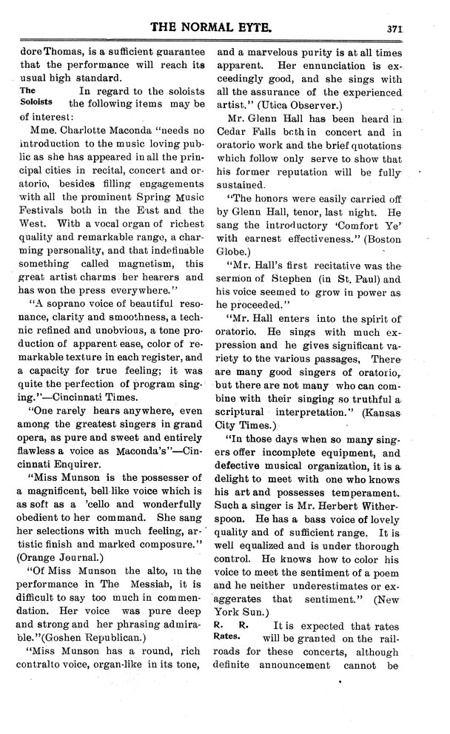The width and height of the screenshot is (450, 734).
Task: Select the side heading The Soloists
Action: [x=33, y=96]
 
